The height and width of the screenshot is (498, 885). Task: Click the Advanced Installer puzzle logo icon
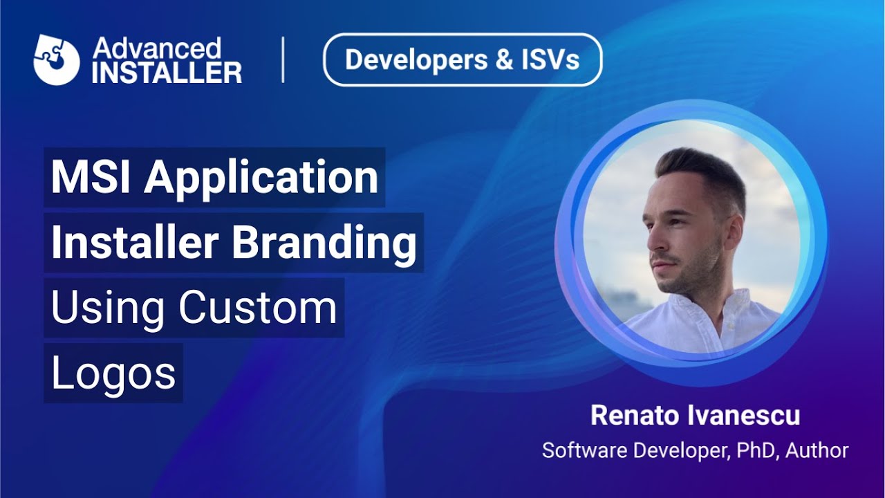(x=57, y=59)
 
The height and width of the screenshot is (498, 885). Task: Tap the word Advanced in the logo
(x=157, y=48)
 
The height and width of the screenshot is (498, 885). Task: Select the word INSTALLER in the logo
(x=167, y=72)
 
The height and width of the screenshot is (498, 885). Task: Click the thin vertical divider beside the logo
(x=283, y=60)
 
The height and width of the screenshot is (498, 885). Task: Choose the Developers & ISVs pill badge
(x=463, y=60)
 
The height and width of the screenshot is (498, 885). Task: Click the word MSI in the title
(x=92, y=177)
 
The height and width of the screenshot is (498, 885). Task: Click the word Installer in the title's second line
(x=135, y=243)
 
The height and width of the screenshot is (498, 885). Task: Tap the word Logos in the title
(x=113, y=374)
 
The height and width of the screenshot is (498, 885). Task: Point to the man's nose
(x=651, y=242)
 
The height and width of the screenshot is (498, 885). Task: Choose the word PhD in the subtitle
(x=757, y=450)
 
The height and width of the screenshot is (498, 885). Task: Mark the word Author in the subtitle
(x=817, y=450)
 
